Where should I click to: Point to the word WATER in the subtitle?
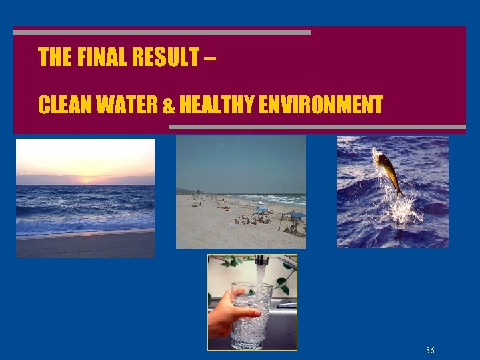(128, 105)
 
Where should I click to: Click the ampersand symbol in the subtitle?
(169, 105)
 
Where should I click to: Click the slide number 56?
(430, 351)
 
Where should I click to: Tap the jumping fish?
(387, 171)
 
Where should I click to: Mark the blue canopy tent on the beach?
(293, 215)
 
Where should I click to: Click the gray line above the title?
(162, 32)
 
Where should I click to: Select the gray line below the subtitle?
(317, 126)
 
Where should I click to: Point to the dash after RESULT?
(210, 57)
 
